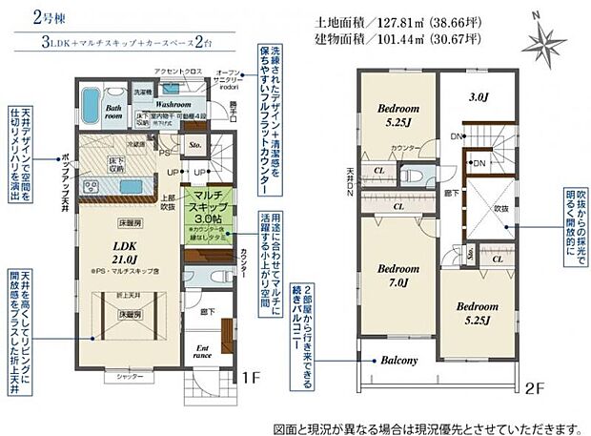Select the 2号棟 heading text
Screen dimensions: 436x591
pos(33,16)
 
